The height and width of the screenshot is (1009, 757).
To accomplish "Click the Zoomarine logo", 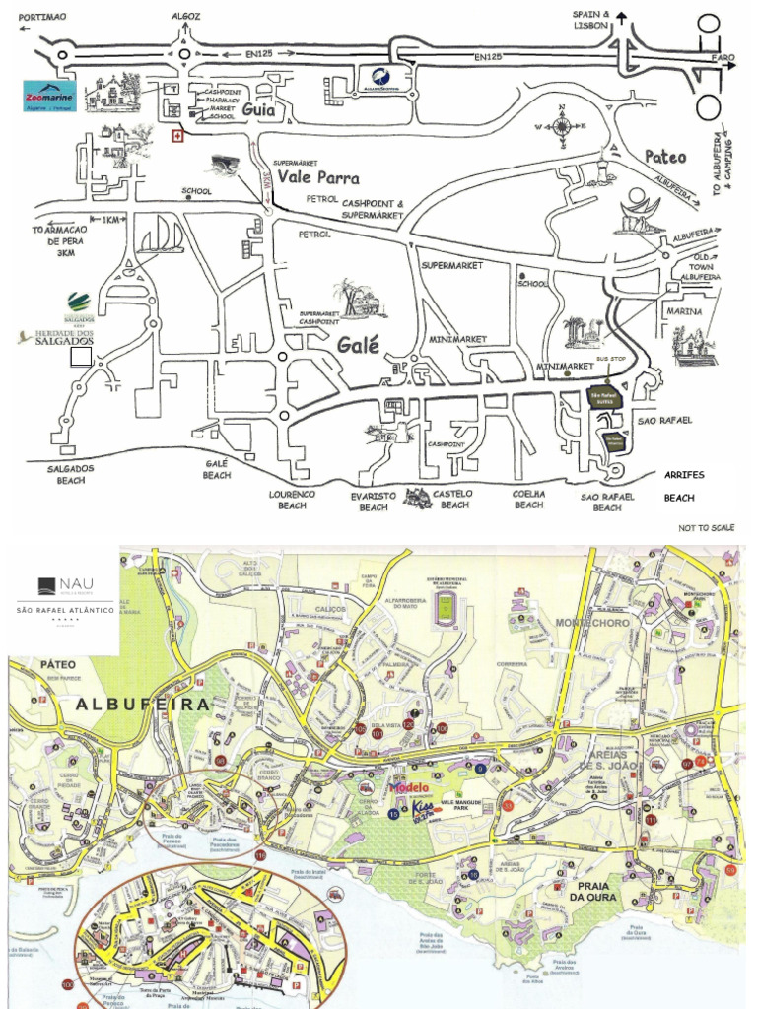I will (x=49, y=97).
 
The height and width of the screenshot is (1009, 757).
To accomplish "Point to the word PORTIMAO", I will (x=42, y=17).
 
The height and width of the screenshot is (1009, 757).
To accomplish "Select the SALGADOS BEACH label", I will (x=71, y=475).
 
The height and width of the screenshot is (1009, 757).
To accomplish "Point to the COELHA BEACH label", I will (x=528, y=499).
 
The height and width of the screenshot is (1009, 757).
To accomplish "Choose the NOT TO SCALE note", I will (x=707, y=529).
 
